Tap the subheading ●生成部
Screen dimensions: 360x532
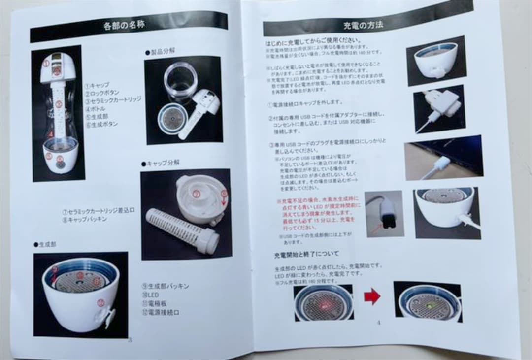coord(46,245)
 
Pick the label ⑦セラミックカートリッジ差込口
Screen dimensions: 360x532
coord(99,210)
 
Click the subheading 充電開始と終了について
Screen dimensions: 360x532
coord(306,255)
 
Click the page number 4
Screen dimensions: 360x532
coord(378,323)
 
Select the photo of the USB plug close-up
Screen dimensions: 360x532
coord(384,214)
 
